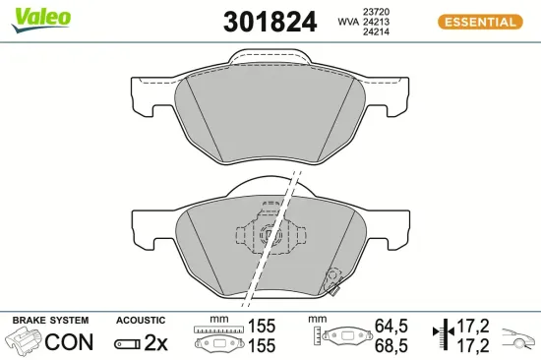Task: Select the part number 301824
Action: [x=270, y=22]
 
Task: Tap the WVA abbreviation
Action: [x=348, y=21]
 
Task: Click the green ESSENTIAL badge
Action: [x=477, y=22]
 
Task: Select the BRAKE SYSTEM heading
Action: [x=49, y=321]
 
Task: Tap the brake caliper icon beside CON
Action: [x=26, y=342]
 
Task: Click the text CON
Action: [x=70, y=342]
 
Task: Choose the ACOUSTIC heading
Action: [x=141, y=321]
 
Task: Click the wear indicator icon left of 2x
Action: [x=128, y=343]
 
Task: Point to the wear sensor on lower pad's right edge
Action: [x=334, y=282]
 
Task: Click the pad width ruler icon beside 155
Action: [x=217, y=336]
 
